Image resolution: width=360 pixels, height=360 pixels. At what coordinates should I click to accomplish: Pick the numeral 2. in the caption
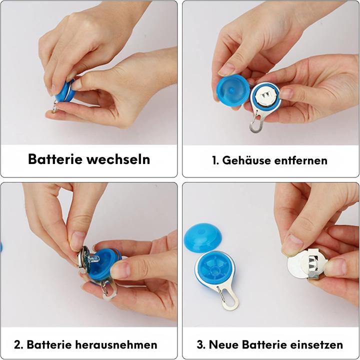(19, 344)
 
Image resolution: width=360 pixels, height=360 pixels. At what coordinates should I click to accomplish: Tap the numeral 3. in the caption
(201, 344)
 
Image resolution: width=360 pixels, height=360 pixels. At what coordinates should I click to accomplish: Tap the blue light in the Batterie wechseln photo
(63, 92)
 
